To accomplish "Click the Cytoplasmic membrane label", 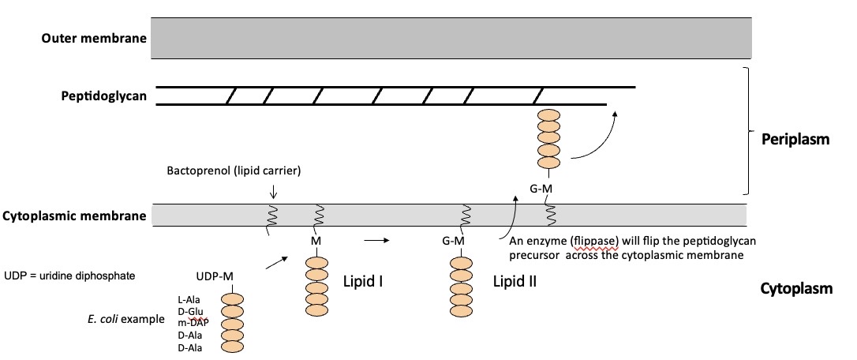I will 75,216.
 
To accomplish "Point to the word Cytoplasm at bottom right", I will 796,289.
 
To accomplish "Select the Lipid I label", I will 363,280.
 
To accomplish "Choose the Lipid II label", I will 515,280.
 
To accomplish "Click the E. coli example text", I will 126,320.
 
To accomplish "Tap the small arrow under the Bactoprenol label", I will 273,192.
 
